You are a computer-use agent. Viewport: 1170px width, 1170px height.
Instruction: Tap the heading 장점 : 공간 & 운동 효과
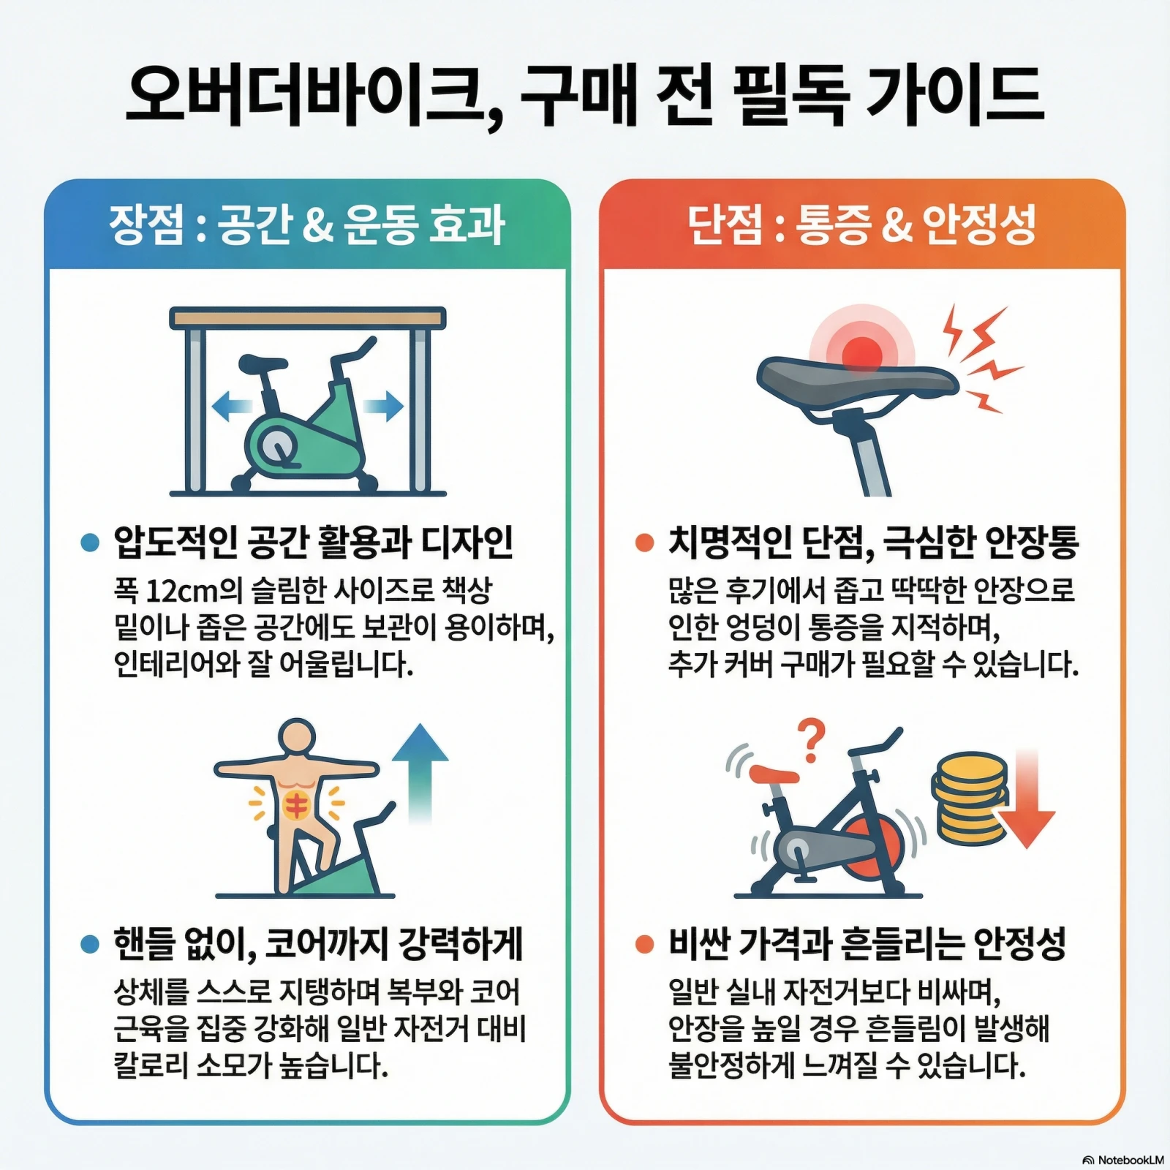point(307,224)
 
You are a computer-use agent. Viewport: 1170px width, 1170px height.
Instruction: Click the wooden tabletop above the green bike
point(307,318)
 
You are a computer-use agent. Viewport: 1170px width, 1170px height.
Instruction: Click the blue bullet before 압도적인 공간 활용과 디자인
point(90,543)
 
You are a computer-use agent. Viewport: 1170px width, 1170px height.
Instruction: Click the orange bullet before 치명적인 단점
point(644,543)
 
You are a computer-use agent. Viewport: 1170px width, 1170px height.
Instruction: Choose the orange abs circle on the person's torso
point(297,805)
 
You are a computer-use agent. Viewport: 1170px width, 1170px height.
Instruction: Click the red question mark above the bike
point(811,739)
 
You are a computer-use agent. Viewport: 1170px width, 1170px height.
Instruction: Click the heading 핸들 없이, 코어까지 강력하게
point(318,944)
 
